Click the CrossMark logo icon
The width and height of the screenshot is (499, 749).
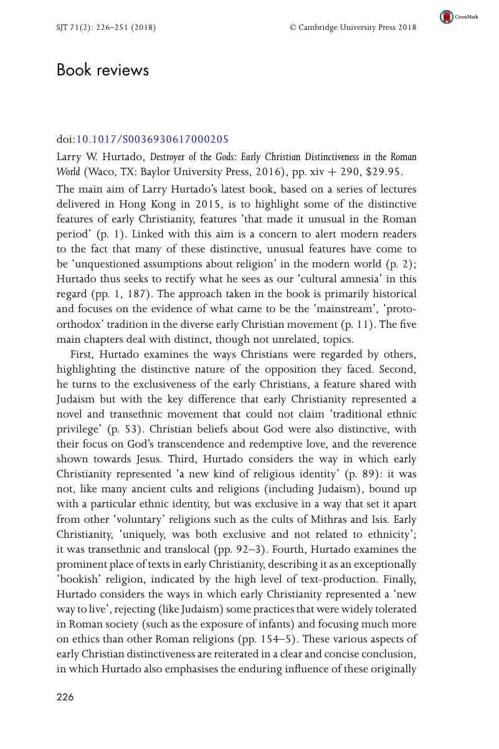click(447, 17)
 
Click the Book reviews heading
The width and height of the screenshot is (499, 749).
click(103, 70)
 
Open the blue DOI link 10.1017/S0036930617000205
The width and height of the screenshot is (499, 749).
click(152, 140)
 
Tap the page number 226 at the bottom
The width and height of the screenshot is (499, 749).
click(65, 697)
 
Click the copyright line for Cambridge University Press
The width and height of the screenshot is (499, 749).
click(353, 27)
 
